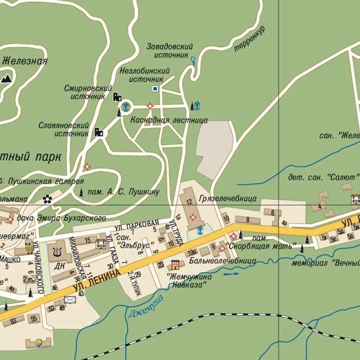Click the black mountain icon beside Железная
click(x=6, y=79)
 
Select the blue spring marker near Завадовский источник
click(x=193, y=59)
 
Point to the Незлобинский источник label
click(x=144, y=75)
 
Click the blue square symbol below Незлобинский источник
click(x=155, y=89)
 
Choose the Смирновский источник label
click(x=88, y=92)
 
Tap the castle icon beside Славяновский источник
click(x=99, y=132)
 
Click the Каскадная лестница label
click(x=169, y=120)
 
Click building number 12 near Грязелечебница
click(x=189, y=202)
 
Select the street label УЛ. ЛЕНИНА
click(x=97, y=280)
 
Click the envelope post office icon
click(x=70, y=299)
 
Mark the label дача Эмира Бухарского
click(x=61, y=218)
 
